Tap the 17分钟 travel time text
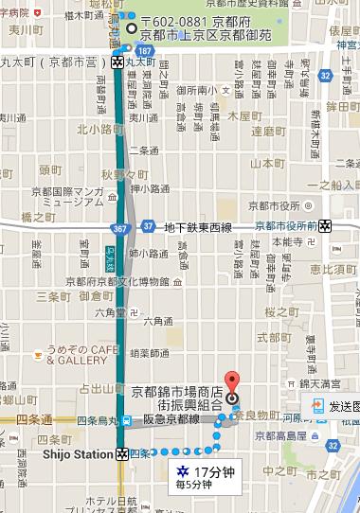(x=214, y=470)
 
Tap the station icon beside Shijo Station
(x=122, y=453)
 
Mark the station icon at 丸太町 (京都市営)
(x=117, y=62)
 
